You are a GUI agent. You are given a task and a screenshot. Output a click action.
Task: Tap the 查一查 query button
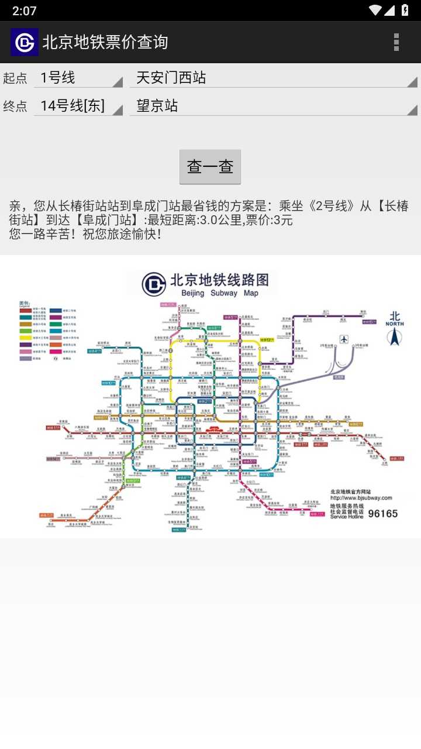pyautogui.click(x=210, y=167)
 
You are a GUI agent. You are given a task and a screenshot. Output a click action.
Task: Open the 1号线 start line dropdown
pyautogui.click(x=78, y=78)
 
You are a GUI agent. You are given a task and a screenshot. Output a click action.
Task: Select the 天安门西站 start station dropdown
pyautogui.click(x=273, y=78)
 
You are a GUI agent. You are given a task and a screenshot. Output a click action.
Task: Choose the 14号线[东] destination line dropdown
pyautogui.click(x=78, y=106)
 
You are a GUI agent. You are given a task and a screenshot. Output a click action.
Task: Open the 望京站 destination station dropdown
pyautogui.click(x=273, y=106)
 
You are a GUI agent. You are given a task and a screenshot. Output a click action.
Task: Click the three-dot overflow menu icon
pyautogui.click(x=396, y=42)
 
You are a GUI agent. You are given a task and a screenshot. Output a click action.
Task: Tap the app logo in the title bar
pyautogui.click(x=25, y=42)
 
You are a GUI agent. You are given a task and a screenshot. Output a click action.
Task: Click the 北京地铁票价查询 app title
pyautogui.click(x=105, y=42)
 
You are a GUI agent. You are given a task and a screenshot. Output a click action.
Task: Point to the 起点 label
pyautogui.click(x=15, y=78)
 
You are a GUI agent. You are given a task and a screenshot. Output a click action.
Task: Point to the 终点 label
pyautogui.click(x=15, y=106)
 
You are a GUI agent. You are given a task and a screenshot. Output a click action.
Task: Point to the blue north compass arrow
pyautogui.click(x=395, y=338)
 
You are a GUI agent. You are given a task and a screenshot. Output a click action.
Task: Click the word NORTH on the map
pyautogui.click(x=395, y=324)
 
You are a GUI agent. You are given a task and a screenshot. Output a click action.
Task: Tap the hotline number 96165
pyautogui.click(x=382, y=514)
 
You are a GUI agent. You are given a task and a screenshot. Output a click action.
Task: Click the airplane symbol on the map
pyautogui.click(x=344, y=339)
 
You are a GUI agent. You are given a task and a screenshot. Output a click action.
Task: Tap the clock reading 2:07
pyautogui.click(x=24, y=11)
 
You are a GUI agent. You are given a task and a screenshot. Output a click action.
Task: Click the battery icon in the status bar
pyautogui.click(x=405, y=10)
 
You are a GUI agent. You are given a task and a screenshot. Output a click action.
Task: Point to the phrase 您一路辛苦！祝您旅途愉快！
pyautogui.click(x=85, y=233)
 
